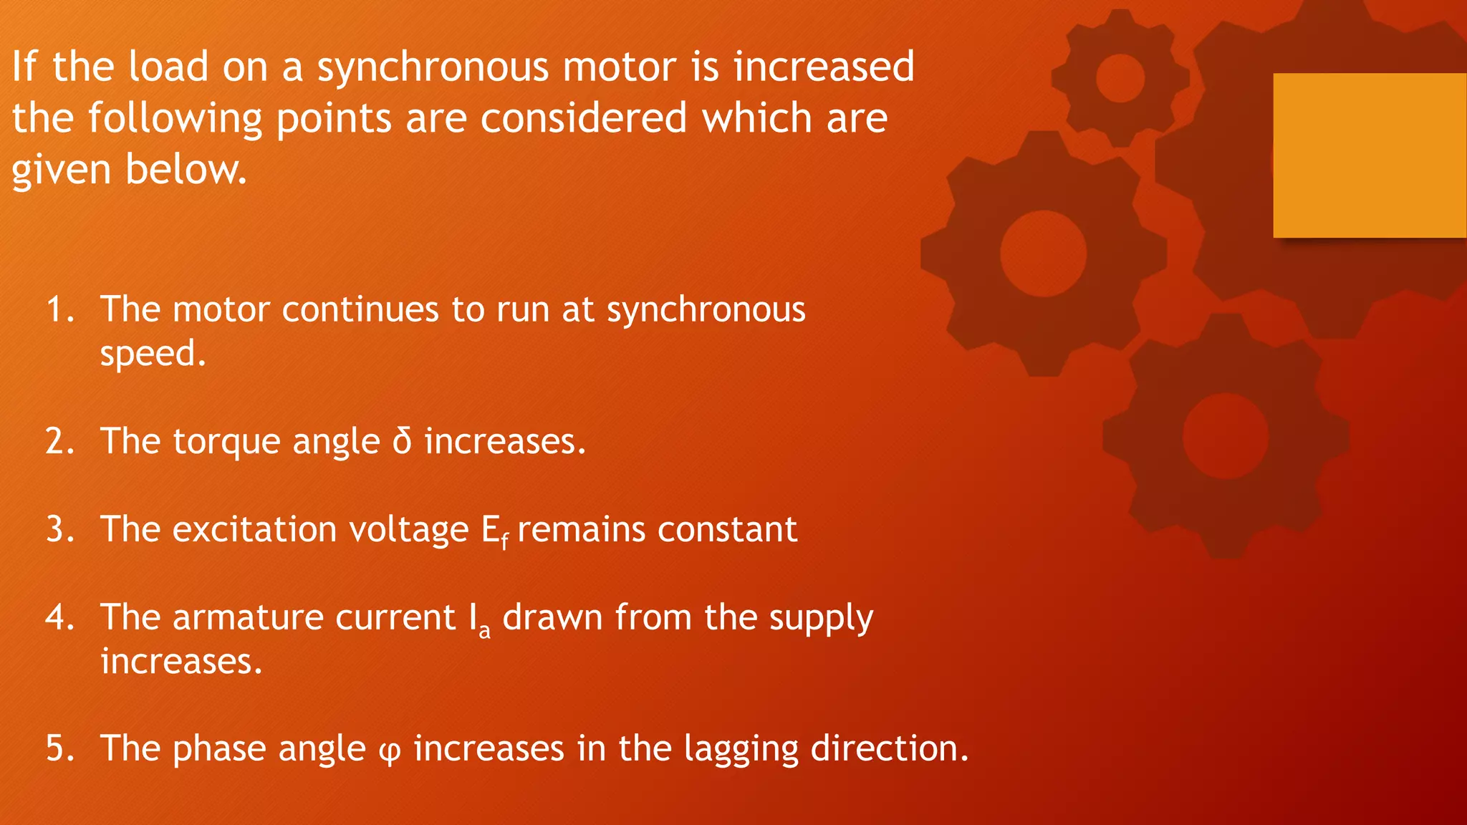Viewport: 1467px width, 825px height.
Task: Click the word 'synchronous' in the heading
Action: [x=433, y=67]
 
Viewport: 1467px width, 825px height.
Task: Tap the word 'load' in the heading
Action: [x=168, y=67]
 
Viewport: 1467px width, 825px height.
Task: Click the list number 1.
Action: [x=59, y=310]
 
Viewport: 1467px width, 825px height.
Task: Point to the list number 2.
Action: [x=59, y=441]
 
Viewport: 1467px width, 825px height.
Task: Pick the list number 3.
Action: [x=59, y=530]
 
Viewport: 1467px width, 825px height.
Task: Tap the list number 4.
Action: [x=59, y=617]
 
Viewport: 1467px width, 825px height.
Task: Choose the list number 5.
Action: [x=59, y=748]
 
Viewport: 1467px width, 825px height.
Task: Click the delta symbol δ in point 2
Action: [x=402, y=440]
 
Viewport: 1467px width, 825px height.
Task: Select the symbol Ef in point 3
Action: [x=495, y=531]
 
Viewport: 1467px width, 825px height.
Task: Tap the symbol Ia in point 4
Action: [x=479, y=619]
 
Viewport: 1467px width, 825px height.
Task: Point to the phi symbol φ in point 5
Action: [x=389, y=751]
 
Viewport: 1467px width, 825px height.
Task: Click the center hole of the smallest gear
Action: [x=1120, y=78]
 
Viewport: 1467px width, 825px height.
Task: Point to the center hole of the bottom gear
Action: [x=1226, y=436]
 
